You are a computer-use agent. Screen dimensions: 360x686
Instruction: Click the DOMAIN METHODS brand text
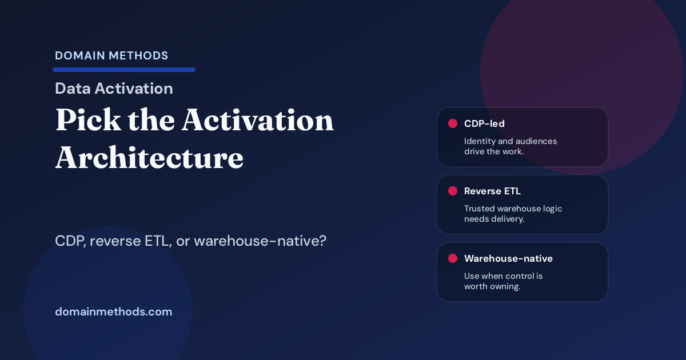tap(111, 55)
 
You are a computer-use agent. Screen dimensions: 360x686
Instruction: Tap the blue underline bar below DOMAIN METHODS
tap(124, 70)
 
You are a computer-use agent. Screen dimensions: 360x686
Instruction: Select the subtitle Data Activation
tap(114, 89)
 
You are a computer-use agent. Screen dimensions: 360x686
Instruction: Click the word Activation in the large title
tap(258, 121)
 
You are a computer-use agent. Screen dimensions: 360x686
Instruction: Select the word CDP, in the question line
tap(70, 241)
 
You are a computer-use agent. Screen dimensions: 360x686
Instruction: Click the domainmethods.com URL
tap(113, 312)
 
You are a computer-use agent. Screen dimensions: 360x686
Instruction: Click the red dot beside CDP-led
tap(453, 123)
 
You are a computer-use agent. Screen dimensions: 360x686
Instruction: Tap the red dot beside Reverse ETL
tap(453, 191)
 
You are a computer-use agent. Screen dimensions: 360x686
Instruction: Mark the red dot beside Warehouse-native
tap(453, 258)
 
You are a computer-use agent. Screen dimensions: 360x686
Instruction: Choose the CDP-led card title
tap(484, 123)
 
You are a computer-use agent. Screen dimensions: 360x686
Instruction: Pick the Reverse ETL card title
tap(492, 191)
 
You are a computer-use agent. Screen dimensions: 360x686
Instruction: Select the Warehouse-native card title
tap(508, 258)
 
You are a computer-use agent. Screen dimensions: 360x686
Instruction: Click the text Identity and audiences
tap(510, 141)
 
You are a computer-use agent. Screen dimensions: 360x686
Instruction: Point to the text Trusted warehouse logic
tap(513, 209)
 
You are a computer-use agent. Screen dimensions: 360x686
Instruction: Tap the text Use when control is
tap(503, 276)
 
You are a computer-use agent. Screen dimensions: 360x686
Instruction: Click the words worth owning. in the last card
tap(492, 286)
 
